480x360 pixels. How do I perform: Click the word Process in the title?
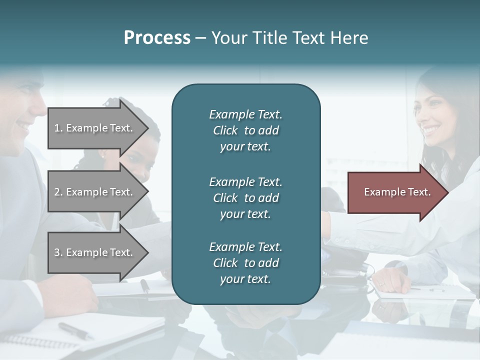(157, 38)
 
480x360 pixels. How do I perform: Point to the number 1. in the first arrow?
(58, 128)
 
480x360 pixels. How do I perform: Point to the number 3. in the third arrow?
(58, 252)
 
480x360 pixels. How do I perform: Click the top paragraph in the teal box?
(245, 130)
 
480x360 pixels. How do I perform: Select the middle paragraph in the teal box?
(245, 197)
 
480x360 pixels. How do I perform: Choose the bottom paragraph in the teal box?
(245, 263)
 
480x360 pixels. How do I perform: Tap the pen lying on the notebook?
(75, 330)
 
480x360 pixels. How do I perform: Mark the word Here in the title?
(348, 38)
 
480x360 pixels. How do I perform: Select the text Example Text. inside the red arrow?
(397, 192)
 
